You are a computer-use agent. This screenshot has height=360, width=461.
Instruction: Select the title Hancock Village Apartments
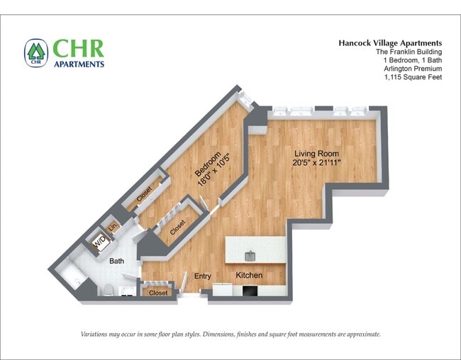(x=391, y=43)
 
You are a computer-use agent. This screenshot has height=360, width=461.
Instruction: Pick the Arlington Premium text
(x=412, y=69)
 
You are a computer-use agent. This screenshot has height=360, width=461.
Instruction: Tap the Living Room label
(x=317, y=154)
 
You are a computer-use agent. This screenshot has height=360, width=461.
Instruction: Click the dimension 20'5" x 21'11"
(x=317, y=164)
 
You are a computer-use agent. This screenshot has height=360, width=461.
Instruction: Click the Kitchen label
(x=249, y=275)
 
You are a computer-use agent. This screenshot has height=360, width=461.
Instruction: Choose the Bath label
(x=117, y=261)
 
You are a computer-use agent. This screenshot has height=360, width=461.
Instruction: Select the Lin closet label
(x=112, y=228)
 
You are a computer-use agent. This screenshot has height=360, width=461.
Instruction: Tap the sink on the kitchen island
(x=250, y=255)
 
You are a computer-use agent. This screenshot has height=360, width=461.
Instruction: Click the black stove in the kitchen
(x=251, y=289)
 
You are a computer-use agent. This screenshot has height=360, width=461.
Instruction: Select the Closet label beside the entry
(x=158, y=293)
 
